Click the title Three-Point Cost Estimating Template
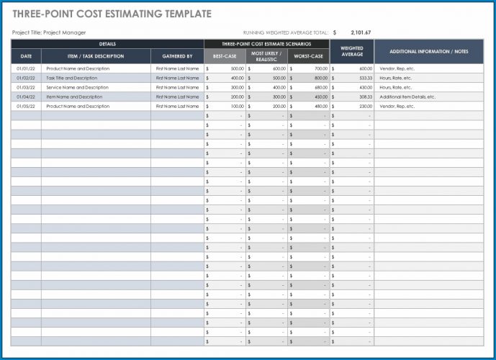pos(112,14)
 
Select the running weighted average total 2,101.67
pos(360,32)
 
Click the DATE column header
pos(26,55)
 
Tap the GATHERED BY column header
pos(177,55)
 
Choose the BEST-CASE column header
pos(225,55)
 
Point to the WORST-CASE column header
pos(308,55)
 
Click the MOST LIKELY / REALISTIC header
pos(266,55)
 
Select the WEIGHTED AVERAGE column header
pos(352,51)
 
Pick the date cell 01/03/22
pos(25,87)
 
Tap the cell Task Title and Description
pos(72,78)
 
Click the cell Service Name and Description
pos(77,87)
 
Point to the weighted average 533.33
pos(365,78)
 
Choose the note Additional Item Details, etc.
pos(407,96)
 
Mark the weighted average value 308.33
pos(365,96)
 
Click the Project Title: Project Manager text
pos(49,32)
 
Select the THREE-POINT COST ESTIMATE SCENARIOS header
pos(266,44)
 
